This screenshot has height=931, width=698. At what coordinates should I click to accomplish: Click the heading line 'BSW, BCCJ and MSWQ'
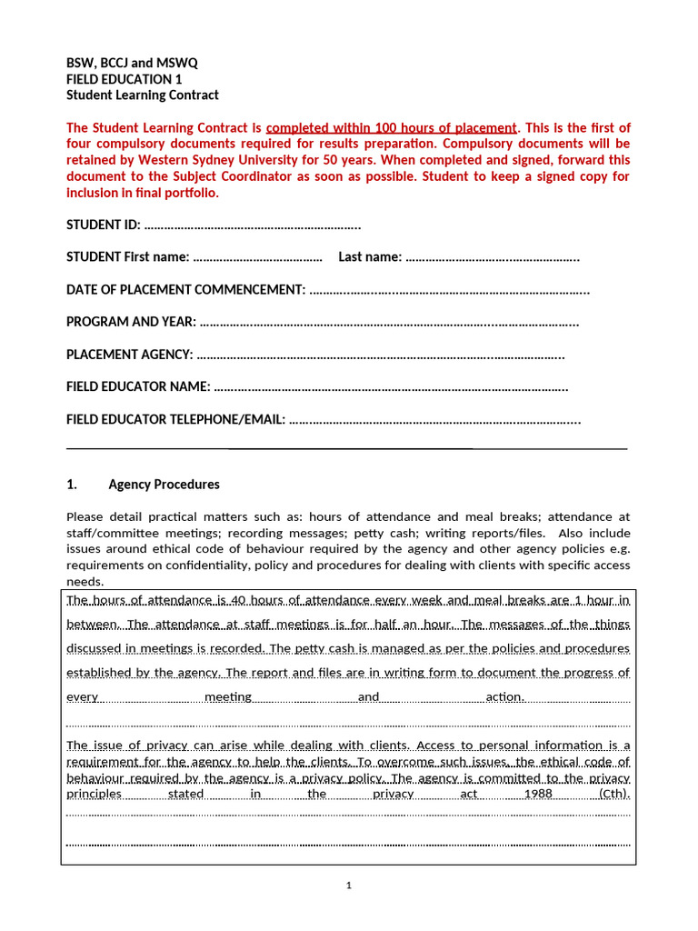point(132,63)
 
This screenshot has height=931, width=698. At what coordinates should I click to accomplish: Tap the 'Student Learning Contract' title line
point(143,95)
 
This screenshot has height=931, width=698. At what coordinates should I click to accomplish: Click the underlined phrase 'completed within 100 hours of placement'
point(392,128)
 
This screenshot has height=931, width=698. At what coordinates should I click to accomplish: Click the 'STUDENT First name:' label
point(128,257)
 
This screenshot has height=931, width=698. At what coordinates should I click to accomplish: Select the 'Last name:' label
point(370,257)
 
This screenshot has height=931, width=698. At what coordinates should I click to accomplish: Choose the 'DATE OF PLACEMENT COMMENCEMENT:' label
point(185,290)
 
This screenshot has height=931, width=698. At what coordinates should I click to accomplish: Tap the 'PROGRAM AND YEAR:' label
point(131,322)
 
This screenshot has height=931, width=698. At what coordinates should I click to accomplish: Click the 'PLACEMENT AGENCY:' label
point(130,355)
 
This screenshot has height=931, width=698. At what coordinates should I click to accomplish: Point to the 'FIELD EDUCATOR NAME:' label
point(138,387)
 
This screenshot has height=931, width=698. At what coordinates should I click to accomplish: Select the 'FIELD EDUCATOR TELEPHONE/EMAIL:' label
point(175,420)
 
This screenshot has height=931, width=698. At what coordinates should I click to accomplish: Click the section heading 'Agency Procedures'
point(164,485)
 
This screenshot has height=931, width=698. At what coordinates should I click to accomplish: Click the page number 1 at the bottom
point(348,886)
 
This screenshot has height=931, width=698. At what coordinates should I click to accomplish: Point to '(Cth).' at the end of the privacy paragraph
point(614,794)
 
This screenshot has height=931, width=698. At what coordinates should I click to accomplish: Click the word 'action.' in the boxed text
point(505,697)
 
